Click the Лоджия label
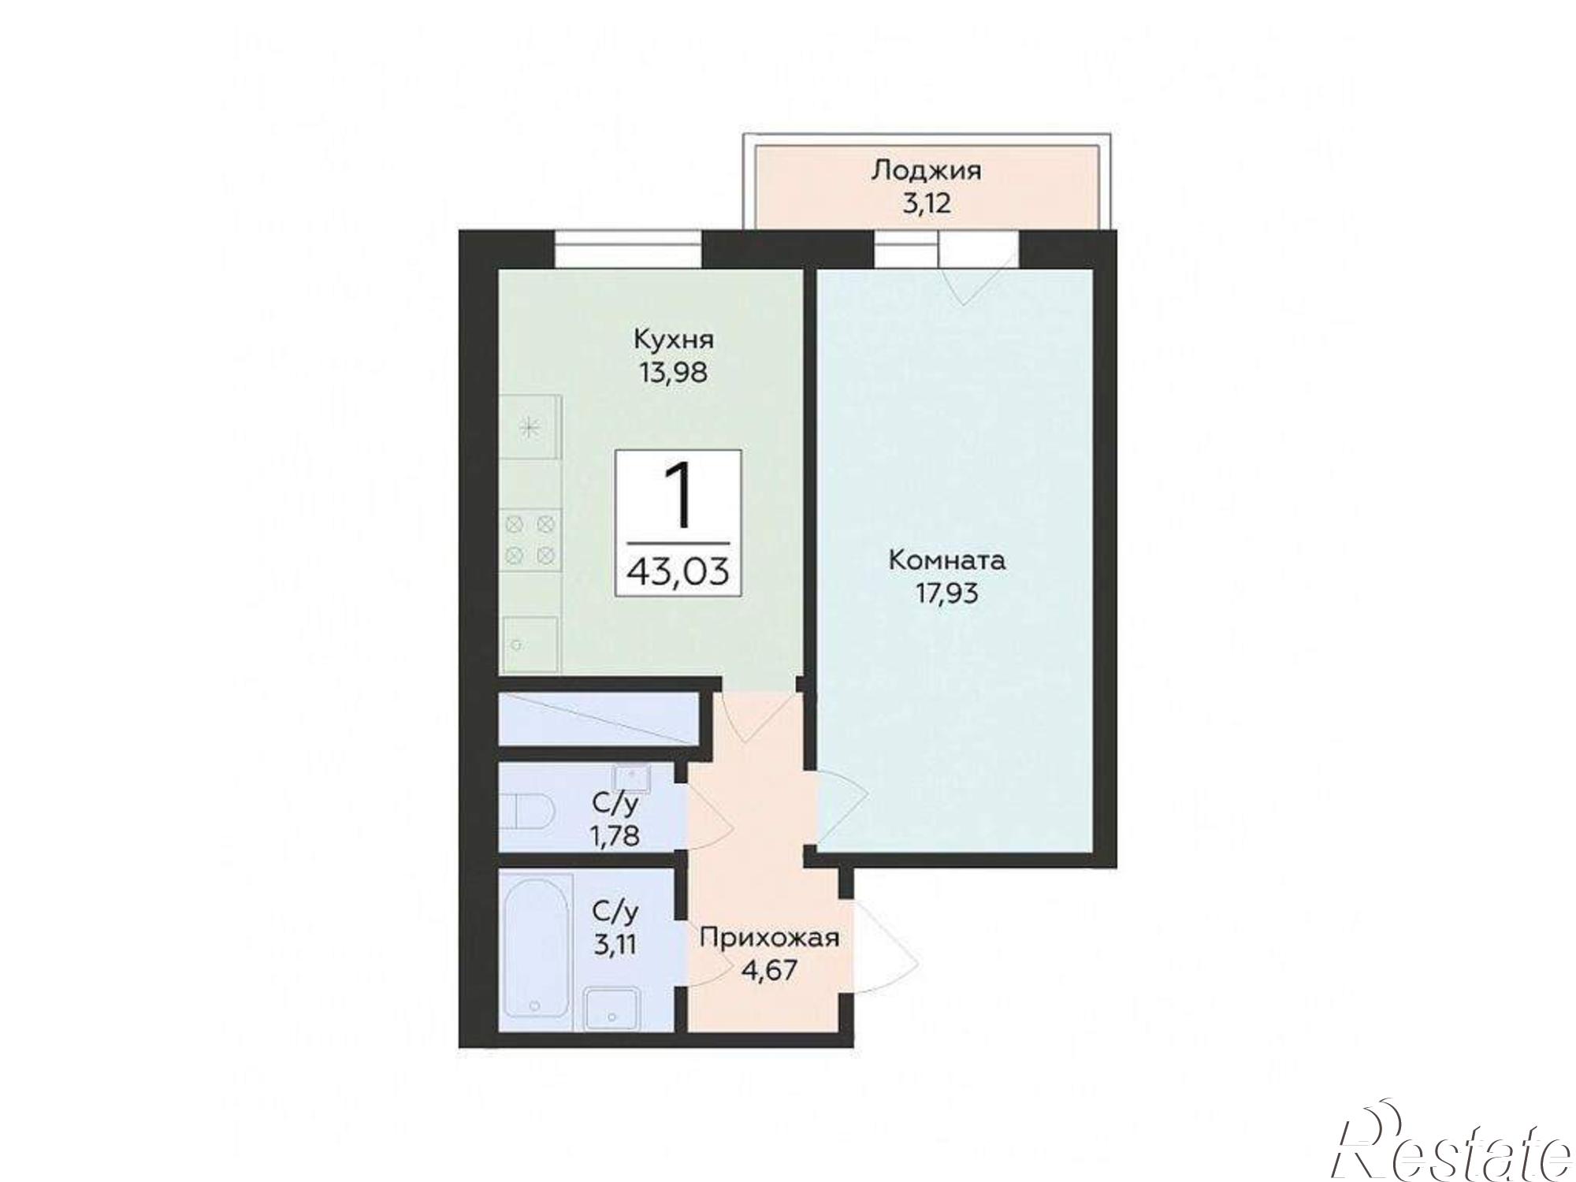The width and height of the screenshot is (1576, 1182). pos(927,170)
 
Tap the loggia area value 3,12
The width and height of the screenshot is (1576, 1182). pos(927,203)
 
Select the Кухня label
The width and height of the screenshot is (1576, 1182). pos(674,340)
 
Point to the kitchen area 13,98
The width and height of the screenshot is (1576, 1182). pos(674,371)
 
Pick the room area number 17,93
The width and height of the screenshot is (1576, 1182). pos(947,593)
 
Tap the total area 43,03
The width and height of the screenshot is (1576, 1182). pos(678,570)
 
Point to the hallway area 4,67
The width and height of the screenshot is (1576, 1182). pos(769,968)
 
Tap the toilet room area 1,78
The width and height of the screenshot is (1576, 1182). pos(615,834)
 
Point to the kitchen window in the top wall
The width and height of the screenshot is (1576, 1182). pos(627,248)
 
